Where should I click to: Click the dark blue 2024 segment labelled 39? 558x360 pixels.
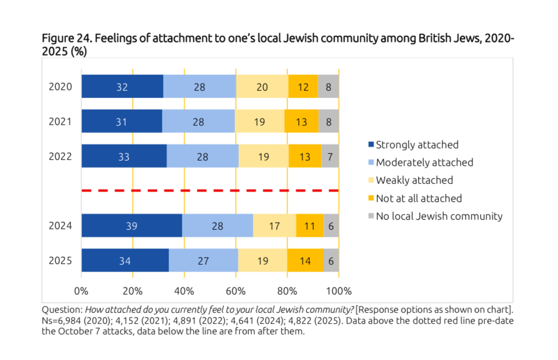click(x=132, y=225)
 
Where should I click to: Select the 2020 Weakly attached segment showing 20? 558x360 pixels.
click(x=262, y=86)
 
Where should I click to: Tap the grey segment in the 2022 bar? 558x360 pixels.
click(x=330, y=156)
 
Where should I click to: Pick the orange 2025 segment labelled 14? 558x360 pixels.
click(x=305, y=260)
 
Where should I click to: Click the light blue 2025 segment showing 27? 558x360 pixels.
click(x=203, y=260)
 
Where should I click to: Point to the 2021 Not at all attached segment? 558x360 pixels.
click(x=301, y=121)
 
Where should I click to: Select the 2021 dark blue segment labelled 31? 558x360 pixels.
click(x=122, y=121)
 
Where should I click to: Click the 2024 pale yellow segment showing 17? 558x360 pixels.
click(x=274, y=225)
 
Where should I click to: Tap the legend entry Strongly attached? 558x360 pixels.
click(x=417, y=145)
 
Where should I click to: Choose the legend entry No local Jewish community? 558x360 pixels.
click(x=439, y=216)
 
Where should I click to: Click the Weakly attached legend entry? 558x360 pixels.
click(x=414, y=181)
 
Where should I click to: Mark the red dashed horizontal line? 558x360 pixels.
click(x=210, y=191)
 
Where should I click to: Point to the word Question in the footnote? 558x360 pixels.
click(x=62, y=308)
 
